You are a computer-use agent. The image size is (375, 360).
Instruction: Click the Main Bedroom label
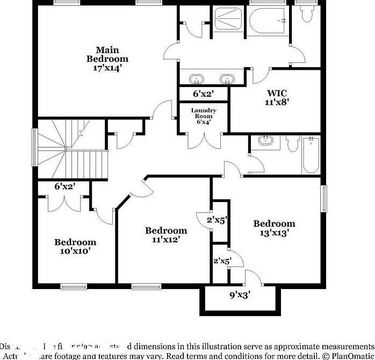[108, 54]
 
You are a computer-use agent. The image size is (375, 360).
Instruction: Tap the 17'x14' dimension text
[108, 68]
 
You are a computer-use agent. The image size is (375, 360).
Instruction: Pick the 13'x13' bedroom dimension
[274, 233]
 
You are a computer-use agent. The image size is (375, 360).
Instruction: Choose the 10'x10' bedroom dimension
[75, 250]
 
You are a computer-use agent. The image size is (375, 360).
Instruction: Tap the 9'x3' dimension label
[240, 294]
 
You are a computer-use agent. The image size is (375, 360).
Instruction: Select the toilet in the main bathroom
[306, 15]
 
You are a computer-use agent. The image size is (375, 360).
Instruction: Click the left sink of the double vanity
[196, 79]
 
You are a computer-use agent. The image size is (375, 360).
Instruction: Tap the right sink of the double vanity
[228, 79]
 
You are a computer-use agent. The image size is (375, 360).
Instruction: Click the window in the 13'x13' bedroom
[324, 199]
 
